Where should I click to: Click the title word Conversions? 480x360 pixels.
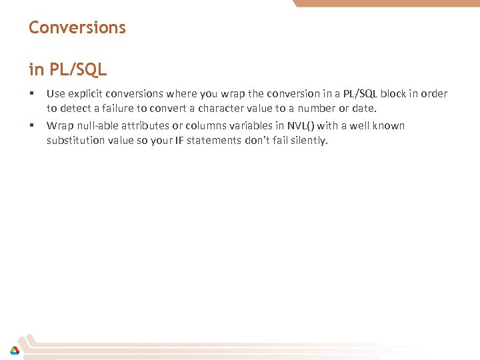pos(77,28)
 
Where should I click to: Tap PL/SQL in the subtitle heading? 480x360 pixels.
pos(77,69)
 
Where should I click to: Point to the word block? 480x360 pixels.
pos(393,94)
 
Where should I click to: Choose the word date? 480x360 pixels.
pos(364,109)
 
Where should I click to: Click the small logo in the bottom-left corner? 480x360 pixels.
pos(14,350)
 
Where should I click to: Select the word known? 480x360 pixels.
pos(389,126)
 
